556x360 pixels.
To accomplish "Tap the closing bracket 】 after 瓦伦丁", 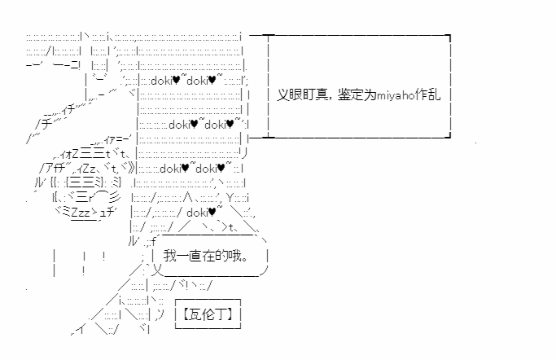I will pos(235,314).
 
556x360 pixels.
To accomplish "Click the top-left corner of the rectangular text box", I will pos(268,36).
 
